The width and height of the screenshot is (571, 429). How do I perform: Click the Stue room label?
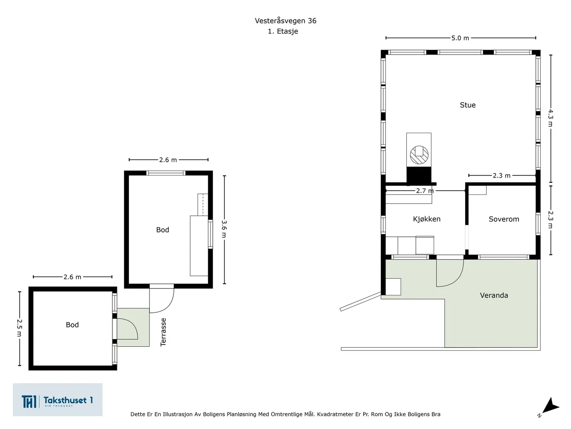point(468,105)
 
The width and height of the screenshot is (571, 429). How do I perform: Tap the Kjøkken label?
point(426,219)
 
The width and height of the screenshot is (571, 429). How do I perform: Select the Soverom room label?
point(504,219)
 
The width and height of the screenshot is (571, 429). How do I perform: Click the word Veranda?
point(494,295)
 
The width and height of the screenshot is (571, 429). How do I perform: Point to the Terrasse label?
point(163,332)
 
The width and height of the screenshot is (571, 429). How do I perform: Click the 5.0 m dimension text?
point(460,38)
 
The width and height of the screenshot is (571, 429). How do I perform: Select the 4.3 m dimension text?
point(550,118)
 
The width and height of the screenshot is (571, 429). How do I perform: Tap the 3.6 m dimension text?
point(224,228)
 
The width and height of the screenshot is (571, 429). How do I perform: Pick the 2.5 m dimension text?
point(20,327)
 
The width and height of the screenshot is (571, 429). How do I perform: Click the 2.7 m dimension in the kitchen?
point(424,191)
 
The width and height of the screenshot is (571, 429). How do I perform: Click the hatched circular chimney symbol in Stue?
point(419,154)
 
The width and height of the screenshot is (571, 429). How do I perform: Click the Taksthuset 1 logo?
point(58,400)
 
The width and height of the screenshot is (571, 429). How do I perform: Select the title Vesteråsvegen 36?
point(285,21)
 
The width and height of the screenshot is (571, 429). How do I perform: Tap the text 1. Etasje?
point(283,31)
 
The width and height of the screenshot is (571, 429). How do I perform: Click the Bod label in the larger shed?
point(162,230)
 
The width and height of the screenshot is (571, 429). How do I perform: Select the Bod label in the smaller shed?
point(72,325)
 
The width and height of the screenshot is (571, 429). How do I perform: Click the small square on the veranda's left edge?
point(393,286)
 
